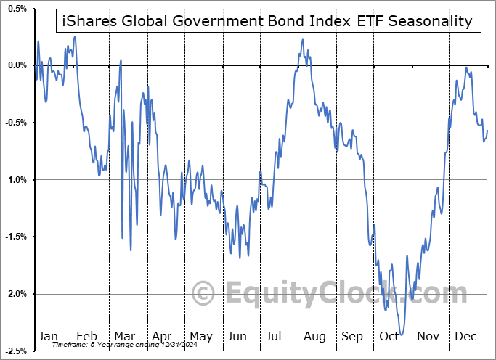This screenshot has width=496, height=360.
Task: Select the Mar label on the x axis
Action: point(124,336)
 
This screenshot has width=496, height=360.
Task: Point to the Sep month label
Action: point(352,336)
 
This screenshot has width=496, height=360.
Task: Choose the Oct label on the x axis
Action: point(390,336)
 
